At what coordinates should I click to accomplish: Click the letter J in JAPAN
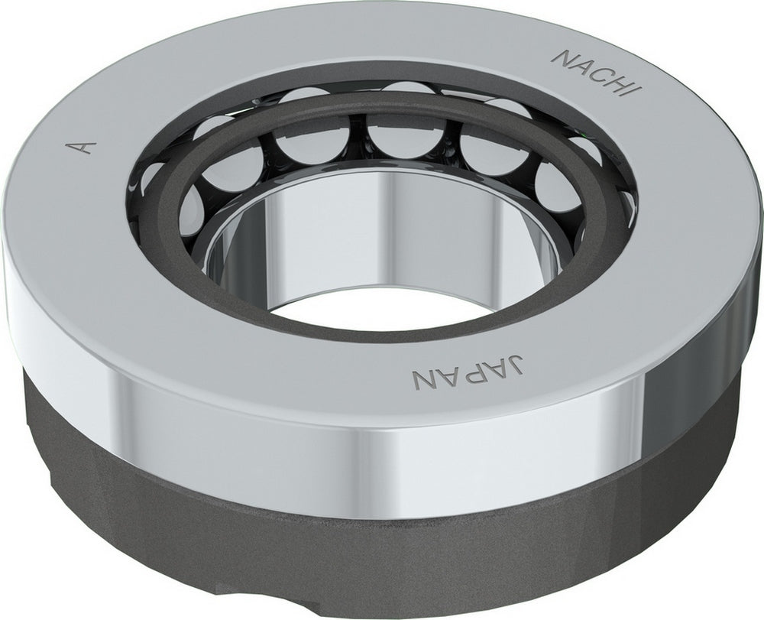518,362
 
